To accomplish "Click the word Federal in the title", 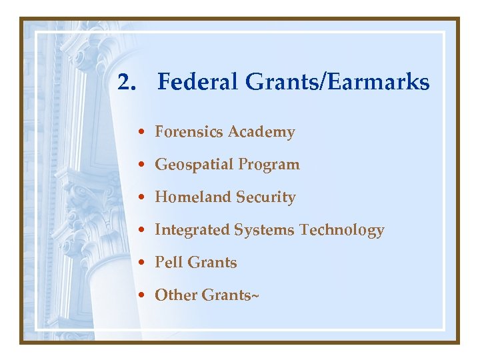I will point(197,83).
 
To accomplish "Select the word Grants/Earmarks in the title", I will point(337,83).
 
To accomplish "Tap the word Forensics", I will point(189,132).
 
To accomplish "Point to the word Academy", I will point(261,133).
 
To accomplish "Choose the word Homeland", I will point(189,197).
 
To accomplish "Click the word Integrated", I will point(192,231).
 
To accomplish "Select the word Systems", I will point(265,230).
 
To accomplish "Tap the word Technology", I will point(342,231).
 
